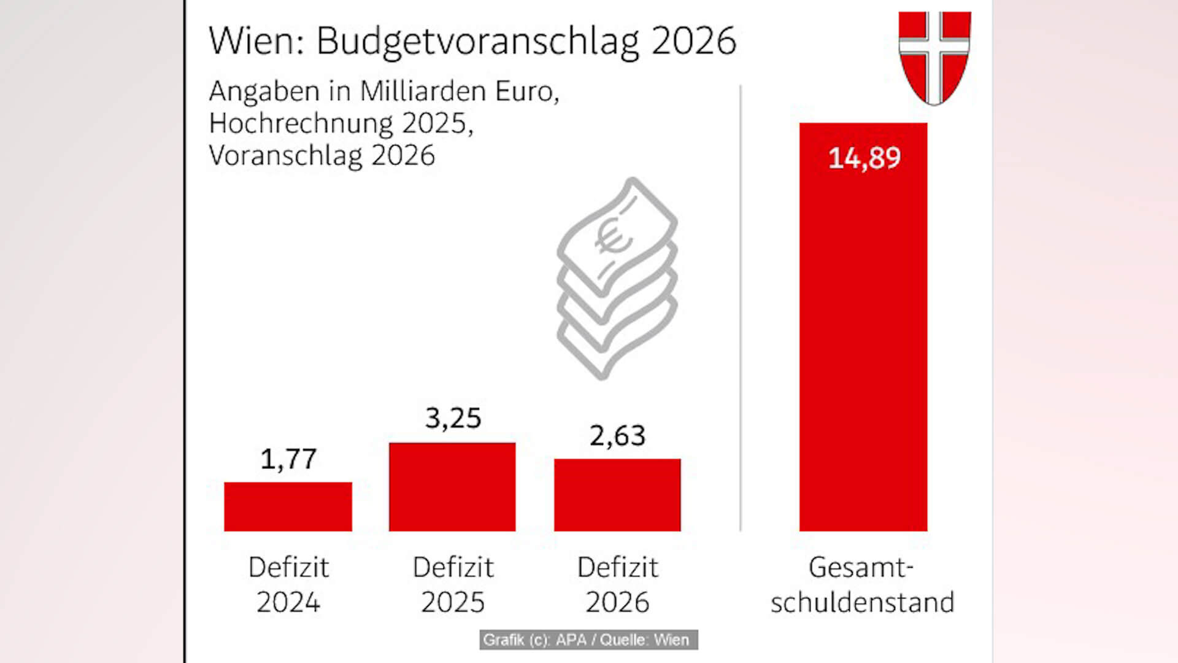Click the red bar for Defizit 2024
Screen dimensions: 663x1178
[x=288, y=506]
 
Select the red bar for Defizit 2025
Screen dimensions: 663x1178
[x=452, y=487]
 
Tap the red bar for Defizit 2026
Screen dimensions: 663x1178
[x=617, y=495]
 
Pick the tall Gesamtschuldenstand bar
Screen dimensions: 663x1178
[x=863, y=344]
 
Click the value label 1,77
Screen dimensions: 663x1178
[x=288, y=459]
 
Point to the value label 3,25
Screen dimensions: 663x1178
[x=453, y=418]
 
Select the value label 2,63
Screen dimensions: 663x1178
[x=617, y=436]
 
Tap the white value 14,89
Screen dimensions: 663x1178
[x=864, y=158]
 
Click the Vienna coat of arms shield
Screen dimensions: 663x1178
[x=934, y=56]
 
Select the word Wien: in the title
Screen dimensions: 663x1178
[x=256, y=42]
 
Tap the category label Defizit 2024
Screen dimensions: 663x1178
[x=288, y=584]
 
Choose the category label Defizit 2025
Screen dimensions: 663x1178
[x=453, y=584]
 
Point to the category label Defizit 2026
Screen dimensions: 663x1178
[x=617, y=584]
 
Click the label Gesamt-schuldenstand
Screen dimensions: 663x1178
[x=862, y=584]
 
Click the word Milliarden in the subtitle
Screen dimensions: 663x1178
[x=423, y=91]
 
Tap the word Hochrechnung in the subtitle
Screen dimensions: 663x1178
[x=301, y=123]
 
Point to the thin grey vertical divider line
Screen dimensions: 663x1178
[x=741, y=307]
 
